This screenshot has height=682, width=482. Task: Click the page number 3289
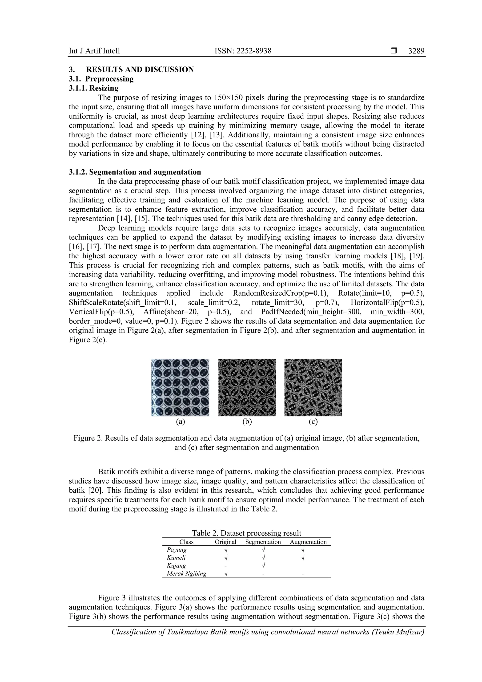pos(416,51)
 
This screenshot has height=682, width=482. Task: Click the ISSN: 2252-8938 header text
pos(243,51)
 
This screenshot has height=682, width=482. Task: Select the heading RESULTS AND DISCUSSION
pos(140,69)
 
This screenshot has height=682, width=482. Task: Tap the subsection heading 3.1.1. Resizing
pos(93,88)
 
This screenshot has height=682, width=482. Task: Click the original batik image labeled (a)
pos(180,387)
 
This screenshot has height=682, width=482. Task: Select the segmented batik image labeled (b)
pos(247,387)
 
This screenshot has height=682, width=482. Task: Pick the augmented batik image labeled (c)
pos(313,387)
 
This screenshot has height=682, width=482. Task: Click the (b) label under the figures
pos(247,422)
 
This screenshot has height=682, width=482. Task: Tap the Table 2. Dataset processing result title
pos(246,533)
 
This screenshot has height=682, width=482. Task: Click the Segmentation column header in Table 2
pos(263,542)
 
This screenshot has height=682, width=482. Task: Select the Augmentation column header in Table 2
pos(308,542)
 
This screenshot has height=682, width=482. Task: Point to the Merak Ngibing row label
pos(186,574)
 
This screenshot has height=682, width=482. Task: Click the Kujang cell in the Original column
pos(225,566)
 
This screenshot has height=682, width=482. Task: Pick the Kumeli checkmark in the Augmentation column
pos(302,558)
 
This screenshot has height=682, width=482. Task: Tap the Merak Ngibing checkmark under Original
pos(225,574)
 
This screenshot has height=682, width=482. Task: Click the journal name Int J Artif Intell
pos(94,51)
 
